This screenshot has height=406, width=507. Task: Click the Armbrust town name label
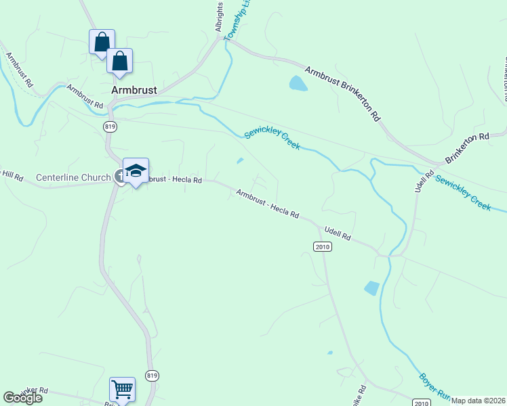134,89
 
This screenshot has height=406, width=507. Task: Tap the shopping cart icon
122,389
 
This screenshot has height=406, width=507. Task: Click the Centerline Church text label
73,178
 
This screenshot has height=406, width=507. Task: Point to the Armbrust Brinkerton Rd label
343,93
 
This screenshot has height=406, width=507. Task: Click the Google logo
23,398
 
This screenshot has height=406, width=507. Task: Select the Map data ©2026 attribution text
478,401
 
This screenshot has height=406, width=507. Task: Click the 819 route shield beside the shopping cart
152,376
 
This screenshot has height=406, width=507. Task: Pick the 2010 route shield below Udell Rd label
323,247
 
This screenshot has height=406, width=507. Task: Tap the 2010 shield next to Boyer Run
421,403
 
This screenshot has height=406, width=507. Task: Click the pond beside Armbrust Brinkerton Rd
298,83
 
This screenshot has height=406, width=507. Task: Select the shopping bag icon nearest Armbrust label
119,60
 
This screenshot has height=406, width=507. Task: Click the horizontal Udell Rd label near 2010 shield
337,233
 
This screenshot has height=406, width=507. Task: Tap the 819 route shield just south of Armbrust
109,127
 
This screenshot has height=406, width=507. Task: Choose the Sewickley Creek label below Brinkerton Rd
463,192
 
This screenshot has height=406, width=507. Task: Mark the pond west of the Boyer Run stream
371,288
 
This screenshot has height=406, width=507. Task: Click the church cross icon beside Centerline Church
119,177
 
